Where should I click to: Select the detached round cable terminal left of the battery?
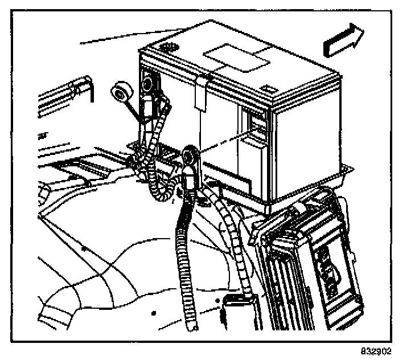tap(121, 92)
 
